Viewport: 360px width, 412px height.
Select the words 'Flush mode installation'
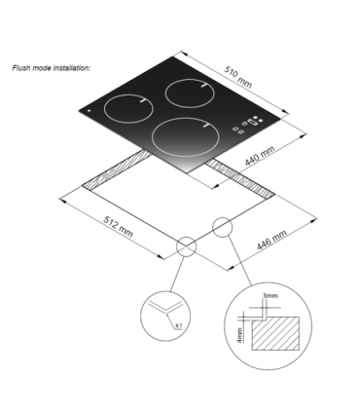[52, 69]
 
